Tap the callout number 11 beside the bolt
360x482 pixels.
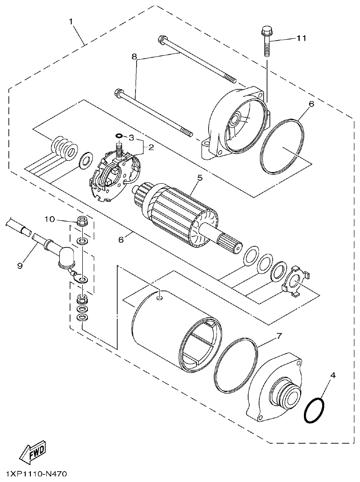[302, 38]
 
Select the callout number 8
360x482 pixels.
[134, 57]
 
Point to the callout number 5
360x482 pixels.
[199, 178]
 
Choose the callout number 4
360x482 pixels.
[332, 375]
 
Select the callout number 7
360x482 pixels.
[279, 336]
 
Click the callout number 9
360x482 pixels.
[20, 266]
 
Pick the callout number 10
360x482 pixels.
[50, 219]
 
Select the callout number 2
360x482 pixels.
[151, 147]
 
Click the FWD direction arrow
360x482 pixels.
[32, 452]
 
